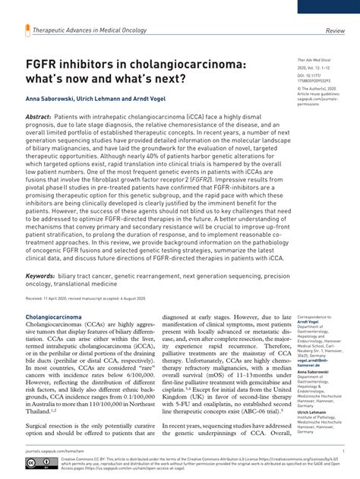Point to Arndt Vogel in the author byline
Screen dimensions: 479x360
[148, 99]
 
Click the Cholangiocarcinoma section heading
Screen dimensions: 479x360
[55, 316]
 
